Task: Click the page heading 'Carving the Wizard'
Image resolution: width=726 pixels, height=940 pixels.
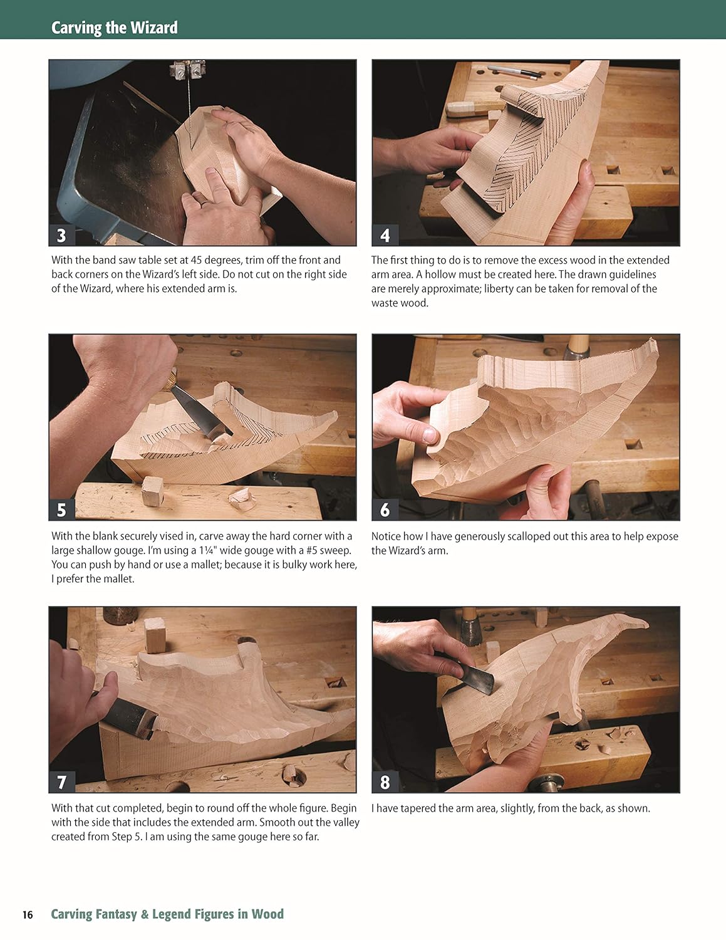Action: [114, 28]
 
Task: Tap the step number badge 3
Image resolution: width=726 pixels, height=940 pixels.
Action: [61, 236]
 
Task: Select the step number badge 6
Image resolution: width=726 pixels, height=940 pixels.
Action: [385, 510]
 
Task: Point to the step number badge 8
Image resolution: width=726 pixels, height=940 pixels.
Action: [385, 782]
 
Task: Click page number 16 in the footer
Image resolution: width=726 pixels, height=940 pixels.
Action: [28, 914]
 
